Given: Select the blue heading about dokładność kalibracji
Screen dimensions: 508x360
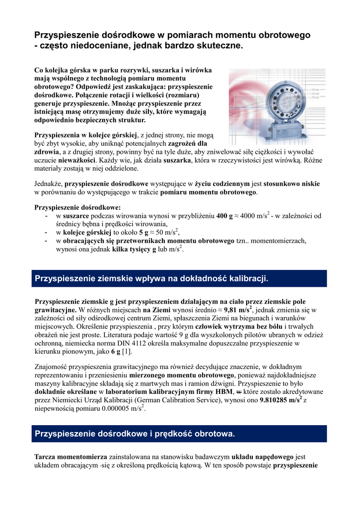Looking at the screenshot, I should click(x=151, y=279).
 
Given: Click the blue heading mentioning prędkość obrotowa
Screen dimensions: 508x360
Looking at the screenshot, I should click(x=135, y=434).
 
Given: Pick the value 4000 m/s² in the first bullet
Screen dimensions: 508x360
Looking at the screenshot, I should click(x=255, y=216).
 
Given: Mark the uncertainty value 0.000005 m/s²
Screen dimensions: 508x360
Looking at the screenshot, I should click(x=119, y=409).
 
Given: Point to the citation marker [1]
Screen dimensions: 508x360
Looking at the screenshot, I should click(x=127, y=351).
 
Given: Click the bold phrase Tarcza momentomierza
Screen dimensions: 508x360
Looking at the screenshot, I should click(x=71, y=457).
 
